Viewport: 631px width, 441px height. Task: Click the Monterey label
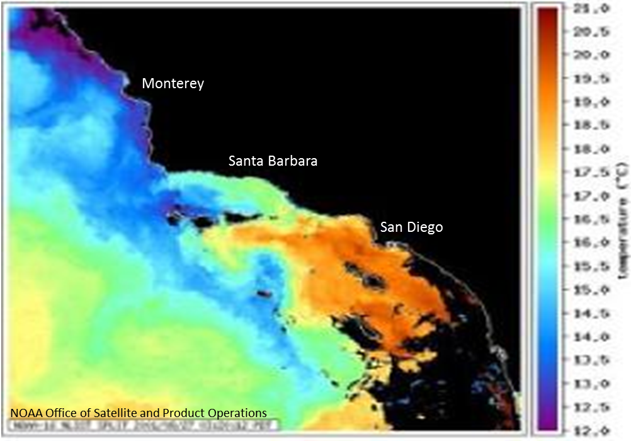(173, 83)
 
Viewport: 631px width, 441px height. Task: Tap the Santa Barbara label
(273, 161)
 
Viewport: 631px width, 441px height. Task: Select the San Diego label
(411, 227)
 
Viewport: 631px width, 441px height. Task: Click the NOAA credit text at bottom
(139, 413)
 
